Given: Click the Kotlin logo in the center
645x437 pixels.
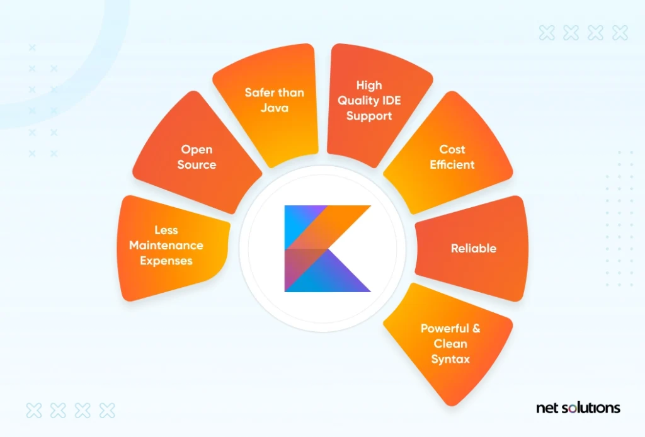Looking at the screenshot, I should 328,248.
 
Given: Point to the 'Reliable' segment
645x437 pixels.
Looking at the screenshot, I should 474,249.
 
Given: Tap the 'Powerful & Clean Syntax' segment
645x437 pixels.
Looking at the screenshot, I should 450,343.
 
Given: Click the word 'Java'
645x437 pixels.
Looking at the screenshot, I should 275,108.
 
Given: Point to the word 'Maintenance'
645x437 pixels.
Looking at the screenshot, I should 166,246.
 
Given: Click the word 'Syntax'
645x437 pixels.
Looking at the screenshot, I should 450,359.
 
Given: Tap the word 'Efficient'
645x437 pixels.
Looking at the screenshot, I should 452,165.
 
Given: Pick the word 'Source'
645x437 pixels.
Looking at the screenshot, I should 197,165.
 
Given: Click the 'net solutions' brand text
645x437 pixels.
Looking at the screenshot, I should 578,408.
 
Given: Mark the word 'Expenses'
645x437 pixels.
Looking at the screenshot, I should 166,261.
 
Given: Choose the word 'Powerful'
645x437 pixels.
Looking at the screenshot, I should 444,329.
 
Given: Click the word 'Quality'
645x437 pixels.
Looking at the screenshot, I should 358,101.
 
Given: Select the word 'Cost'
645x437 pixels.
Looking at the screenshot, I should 452,150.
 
